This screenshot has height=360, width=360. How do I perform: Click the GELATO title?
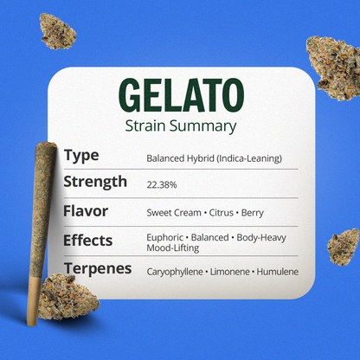(179, 94)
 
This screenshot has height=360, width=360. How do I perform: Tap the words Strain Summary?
(179, 126)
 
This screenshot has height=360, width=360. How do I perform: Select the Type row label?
(81, 156)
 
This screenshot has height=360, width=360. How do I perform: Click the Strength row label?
(95, 182)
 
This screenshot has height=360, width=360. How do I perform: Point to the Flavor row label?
(86, 210)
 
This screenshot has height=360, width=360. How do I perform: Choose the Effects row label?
(88, 239)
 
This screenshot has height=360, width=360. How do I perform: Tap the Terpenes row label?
(98, 268)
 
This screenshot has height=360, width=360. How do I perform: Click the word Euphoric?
(166, 236)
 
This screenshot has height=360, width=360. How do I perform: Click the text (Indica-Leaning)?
(249, 158)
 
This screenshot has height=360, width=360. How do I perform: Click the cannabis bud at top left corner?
(58, 29)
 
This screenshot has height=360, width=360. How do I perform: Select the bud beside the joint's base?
(69, 294)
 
